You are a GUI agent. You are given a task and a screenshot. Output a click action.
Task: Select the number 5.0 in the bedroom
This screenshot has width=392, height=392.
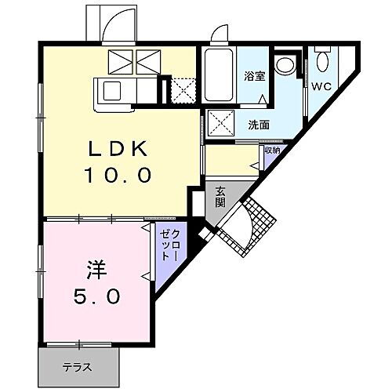coord(97,298)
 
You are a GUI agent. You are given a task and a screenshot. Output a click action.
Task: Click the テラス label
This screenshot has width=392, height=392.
coord(78,365)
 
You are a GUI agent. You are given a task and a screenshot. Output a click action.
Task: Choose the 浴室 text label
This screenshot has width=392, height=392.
coord(255,77)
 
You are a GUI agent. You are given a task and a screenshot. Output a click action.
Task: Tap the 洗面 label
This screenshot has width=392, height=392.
coord(260,124)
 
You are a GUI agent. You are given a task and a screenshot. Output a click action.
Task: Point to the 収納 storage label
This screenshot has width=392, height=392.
coord(271,150)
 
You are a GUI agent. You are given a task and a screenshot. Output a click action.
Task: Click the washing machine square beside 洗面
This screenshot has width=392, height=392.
coord(220,124)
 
